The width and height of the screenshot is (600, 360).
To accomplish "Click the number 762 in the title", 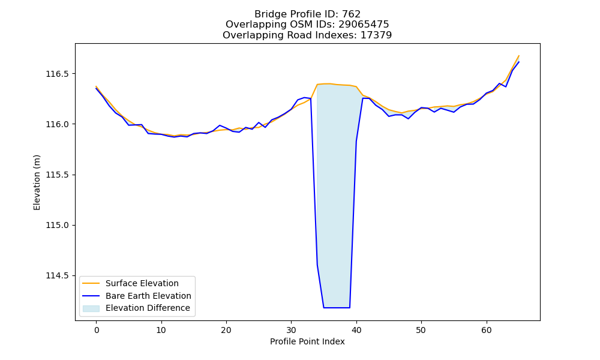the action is [351, 14].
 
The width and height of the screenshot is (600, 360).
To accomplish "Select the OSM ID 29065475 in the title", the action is [364, 25].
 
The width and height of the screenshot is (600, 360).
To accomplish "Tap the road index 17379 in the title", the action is [376, 35].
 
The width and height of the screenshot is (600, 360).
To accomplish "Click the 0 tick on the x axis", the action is [97, 330].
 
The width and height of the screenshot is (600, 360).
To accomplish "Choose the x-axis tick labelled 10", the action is [161, 330].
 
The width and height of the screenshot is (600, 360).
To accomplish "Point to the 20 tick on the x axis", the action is [227, 330].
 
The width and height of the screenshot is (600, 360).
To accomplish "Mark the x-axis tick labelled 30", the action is [291, 330].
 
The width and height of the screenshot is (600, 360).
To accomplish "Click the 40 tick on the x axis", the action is [356, 330].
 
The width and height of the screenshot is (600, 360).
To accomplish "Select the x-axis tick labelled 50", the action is [421, 330].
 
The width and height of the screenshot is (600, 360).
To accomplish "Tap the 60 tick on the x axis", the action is [487, 330].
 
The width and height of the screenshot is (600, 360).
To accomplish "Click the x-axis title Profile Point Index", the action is [307, 341].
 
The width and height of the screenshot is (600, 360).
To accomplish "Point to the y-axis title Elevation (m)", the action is [37, 182].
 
